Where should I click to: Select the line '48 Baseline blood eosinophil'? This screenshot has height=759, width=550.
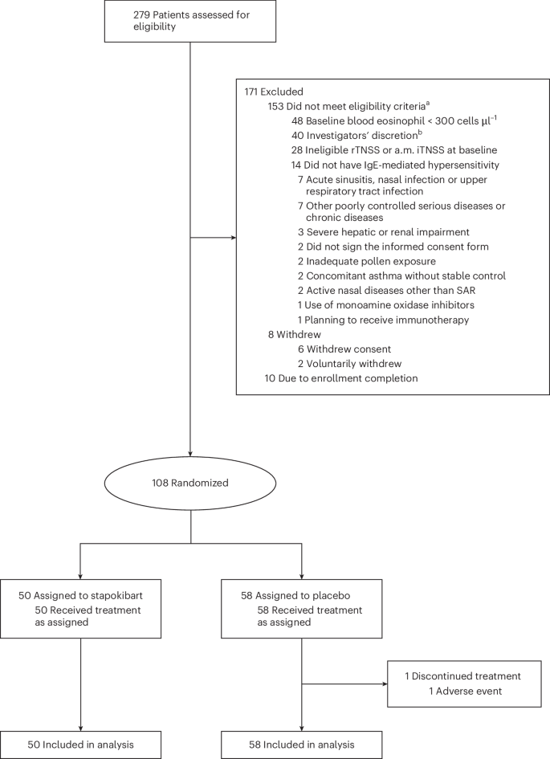pyautogui.click(x=382, y=120)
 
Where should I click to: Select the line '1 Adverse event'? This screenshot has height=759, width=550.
pyautogui.click(x=467, y=692)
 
